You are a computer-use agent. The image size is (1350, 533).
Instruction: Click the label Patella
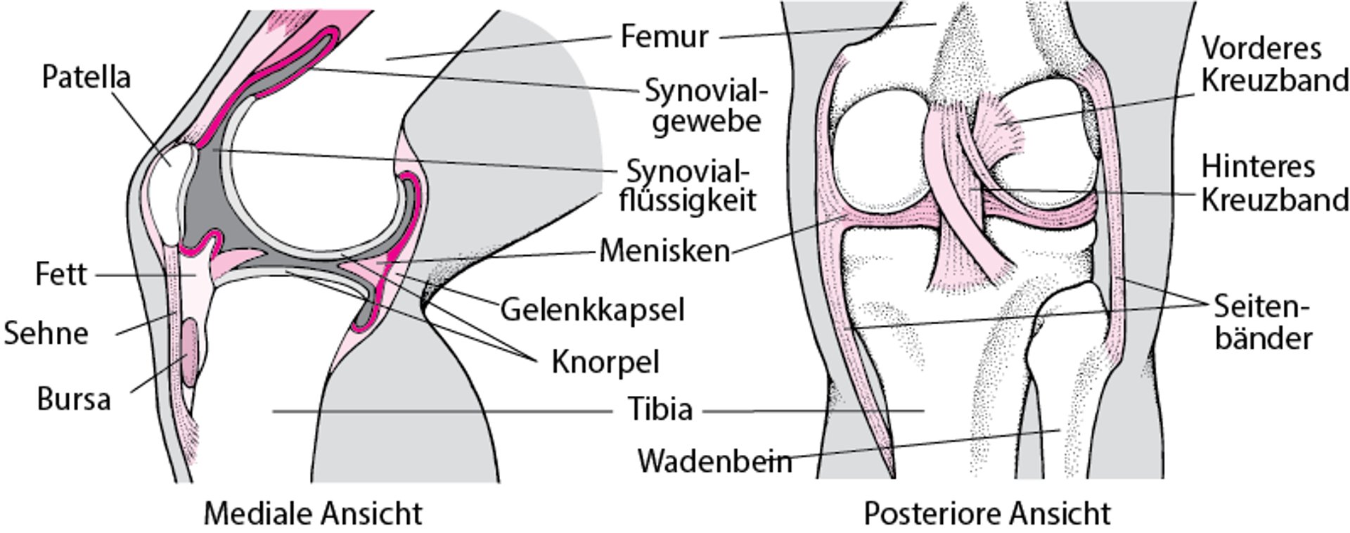click(x=86, y=77)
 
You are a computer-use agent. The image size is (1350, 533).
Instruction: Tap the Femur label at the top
click(x=664, y=36)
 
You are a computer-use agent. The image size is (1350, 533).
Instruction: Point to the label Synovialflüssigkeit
click(x=688, y=186)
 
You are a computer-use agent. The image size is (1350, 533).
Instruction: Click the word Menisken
click(x=664, y=251)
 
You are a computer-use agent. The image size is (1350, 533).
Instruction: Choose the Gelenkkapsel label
click(x=591, y=309)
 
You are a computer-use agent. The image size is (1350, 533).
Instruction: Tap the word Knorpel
click(x=605, y=362)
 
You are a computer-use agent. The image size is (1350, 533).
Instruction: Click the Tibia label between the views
click(x=660, y=409)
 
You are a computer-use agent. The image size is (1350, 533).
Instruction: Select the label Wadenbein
click(x=714, y=461)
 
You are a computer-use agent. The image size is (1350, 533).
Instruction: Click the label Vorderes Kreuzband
click(x=1273, y=65)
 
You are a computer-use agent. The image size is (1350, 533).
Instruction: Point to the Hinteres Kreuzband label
click(x=1273, y=184)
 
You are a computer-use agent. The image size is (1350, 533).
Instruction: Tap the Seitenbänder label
click(x=1263, y=323)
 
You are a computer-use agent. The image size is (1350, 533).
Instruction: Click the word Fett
click(x=60, y=274)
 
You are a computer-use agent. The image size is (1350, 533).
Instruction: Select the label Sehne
click(x=46, y=333)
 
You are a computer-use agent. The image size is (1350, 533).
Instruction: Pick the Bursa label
click(x=74, y=399)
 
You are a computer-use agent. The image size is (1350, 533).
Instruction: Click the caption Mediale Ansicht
click(x=313, y=513)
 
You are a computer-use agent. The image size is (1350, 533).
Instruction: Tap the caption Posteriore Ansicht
click(x=986, y=513)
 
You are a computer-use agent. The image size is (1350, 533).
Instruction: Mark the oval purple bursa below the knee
click(x=191, y=352)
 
